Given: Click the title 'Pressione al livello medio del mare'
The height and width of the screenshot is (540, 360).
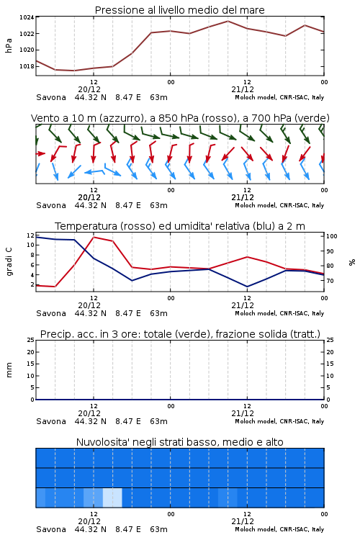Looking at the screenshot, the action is coord(179,10).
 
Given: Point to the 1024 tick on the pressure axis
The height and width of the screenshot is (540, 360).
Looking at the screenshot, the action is coord(27,17).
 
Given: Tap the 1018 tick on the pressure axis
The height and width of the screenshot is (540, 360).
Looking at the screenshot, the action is coord(27,66).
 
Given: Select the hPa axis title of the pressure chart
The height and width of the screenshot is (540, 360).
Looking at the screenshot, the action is coord(9,45).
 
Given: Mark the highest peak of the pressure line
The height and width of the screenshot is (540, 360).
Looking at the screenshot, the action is coord(228,21).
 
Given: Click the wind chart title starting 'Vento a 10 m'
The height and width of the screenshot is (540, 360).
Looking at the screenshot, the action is coord(180,118).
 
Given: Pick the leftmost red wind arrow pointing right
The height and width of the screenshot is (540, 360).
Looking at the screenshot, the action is coord(40,153).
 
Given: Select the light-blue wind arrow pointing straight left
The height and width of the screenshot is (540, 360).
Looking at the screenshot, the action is coord(94,171).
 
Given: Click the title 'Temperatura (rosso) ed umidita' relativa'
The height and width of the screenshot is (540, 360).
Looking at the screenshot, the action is coord(180,226).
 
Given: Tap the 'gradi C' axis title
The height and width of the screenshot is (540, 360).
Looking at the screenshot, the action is coord(9,261).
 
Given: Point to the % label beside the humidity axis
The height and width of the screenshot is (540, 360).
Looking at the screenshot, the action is coord(352,262).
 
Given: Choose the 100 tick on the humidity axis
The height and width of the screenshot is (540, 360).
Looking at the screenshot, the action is coord(332,236).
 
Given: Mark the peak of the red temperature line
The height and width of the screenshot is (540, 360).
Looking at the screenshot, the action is coord(94,237).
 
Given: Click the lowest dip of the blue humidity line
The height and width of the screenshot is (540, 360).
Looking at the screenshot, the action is coord(247,287).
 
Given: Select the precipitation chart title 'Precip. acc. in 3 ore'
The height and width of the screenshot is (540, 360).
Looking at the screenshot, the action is coord(180,334).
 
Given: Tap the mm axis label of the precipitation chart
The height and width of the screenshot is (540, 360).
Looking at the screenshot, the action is coord(9,370).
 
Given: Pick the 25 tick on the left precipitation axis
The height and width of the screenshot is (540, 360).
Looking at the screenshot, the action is coord(30,341).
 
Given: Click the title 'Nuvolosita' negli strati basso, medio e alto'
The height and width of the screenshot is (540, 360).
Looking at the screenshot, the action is coord(179,442).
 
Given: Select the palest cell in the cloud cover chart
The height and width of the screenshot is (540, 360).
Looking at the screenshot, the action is coord(112,498).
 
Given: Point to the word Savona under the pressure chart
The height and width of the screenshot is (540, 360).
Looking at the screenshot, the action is coord(51,97).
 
